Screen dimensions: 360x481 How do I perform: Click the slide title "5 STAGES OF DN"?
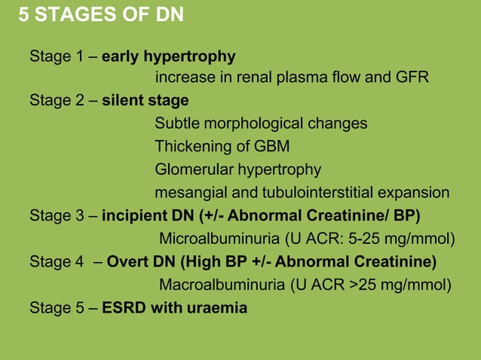point(100,15)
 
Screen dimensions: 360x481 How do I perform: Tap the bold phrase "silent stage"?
point(145,100)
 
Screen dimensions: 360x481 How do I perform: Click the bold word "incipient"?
point(132,217)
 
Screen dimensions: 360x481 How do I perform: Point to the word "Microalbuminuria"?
point(219,239)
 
